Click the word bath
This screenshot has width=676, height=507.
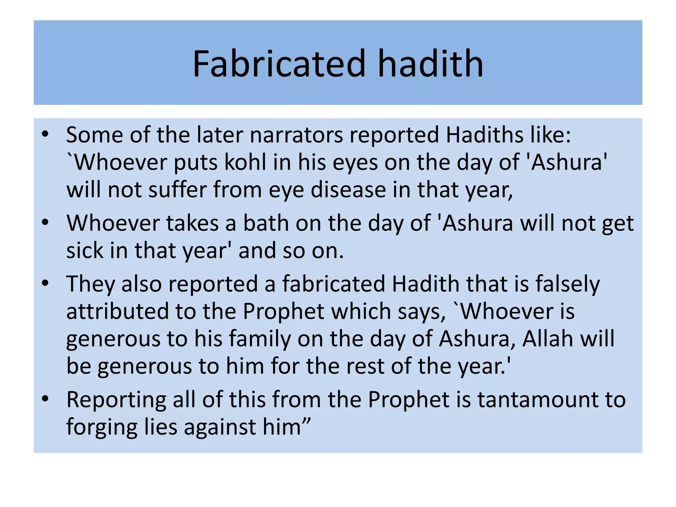pyautogui.click(x=266, y=223)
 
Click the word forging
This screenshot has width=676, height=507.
pyautogui.click(x=102, y=428)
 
